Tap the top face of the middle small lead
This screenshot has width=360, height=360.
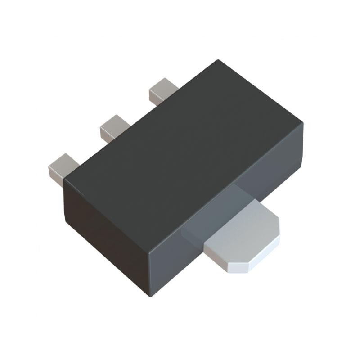click(x=113, y=122)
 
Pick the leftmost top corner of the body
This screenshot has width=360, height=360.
click(x=64, y=179)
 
